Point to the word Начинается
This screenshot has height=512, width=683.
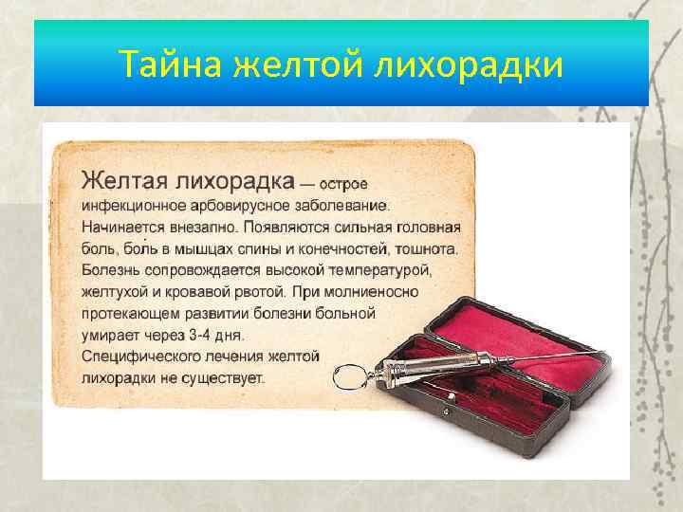click(x=119, y=227)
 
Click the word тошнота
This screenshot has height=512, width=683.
click(x=427, y=249)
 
